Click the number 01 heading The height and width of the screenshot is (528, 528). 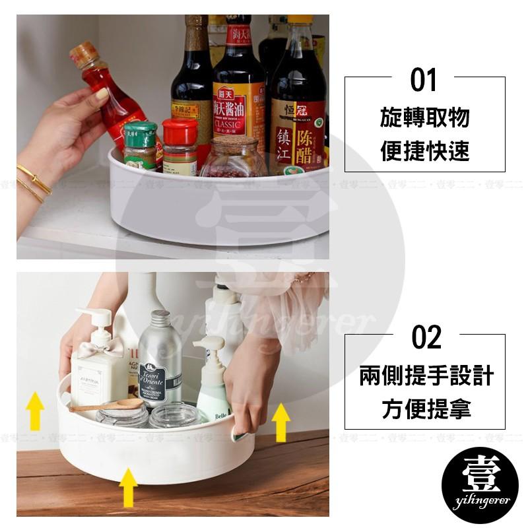click(424, 81)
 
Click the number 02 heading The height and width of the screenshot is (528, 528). click(426, 337)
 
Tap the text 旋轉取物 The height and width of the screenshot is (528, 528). click(424, 118)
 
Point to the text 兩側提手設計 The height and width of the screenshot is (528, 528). click(426, 376)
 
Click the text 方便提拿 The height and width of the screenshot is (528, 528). click(426, 409)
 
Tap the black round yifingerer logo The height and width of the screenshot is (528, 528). click(480, 485)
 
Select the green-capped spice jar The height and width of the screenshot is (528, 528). click(141, 146)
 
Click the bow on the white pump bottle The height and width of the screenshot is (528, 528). click(108, 347)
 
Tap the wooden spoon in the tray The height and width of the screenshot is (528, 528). click(106, 405)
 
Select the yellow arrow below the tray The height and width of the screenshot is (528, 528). click(128, 486)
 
